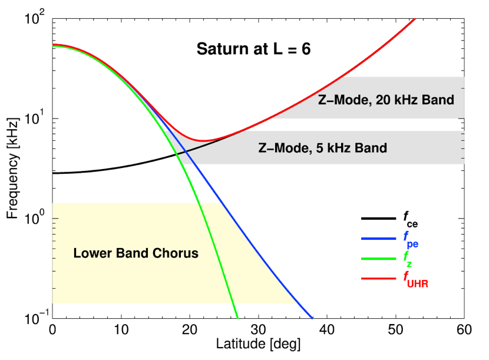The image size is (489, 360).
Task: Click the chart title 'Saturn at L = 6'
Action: [x=253, y=49]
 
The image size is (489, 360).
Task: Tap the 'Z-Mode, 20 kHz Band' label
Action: [x=386, y=100]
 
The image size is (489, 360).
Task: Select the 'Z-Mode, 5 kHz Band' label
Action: [x=323, y=148]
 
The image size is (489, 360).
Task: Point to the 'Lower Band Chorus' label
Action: [x=136, y=254]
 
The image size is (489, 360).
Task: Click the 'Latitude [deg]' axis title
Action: [x=259, y=342]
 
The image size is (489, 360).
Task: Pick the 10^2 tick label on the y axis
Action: [x=38, y=18]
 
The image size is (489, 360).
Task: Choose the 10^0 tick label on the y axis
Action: [x=38, y=219]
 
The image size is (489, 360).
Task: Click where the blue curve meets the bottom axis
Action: [x=312, y=318]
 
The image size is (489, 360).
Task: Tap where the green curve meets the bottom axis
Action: [x=237, y=318]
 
